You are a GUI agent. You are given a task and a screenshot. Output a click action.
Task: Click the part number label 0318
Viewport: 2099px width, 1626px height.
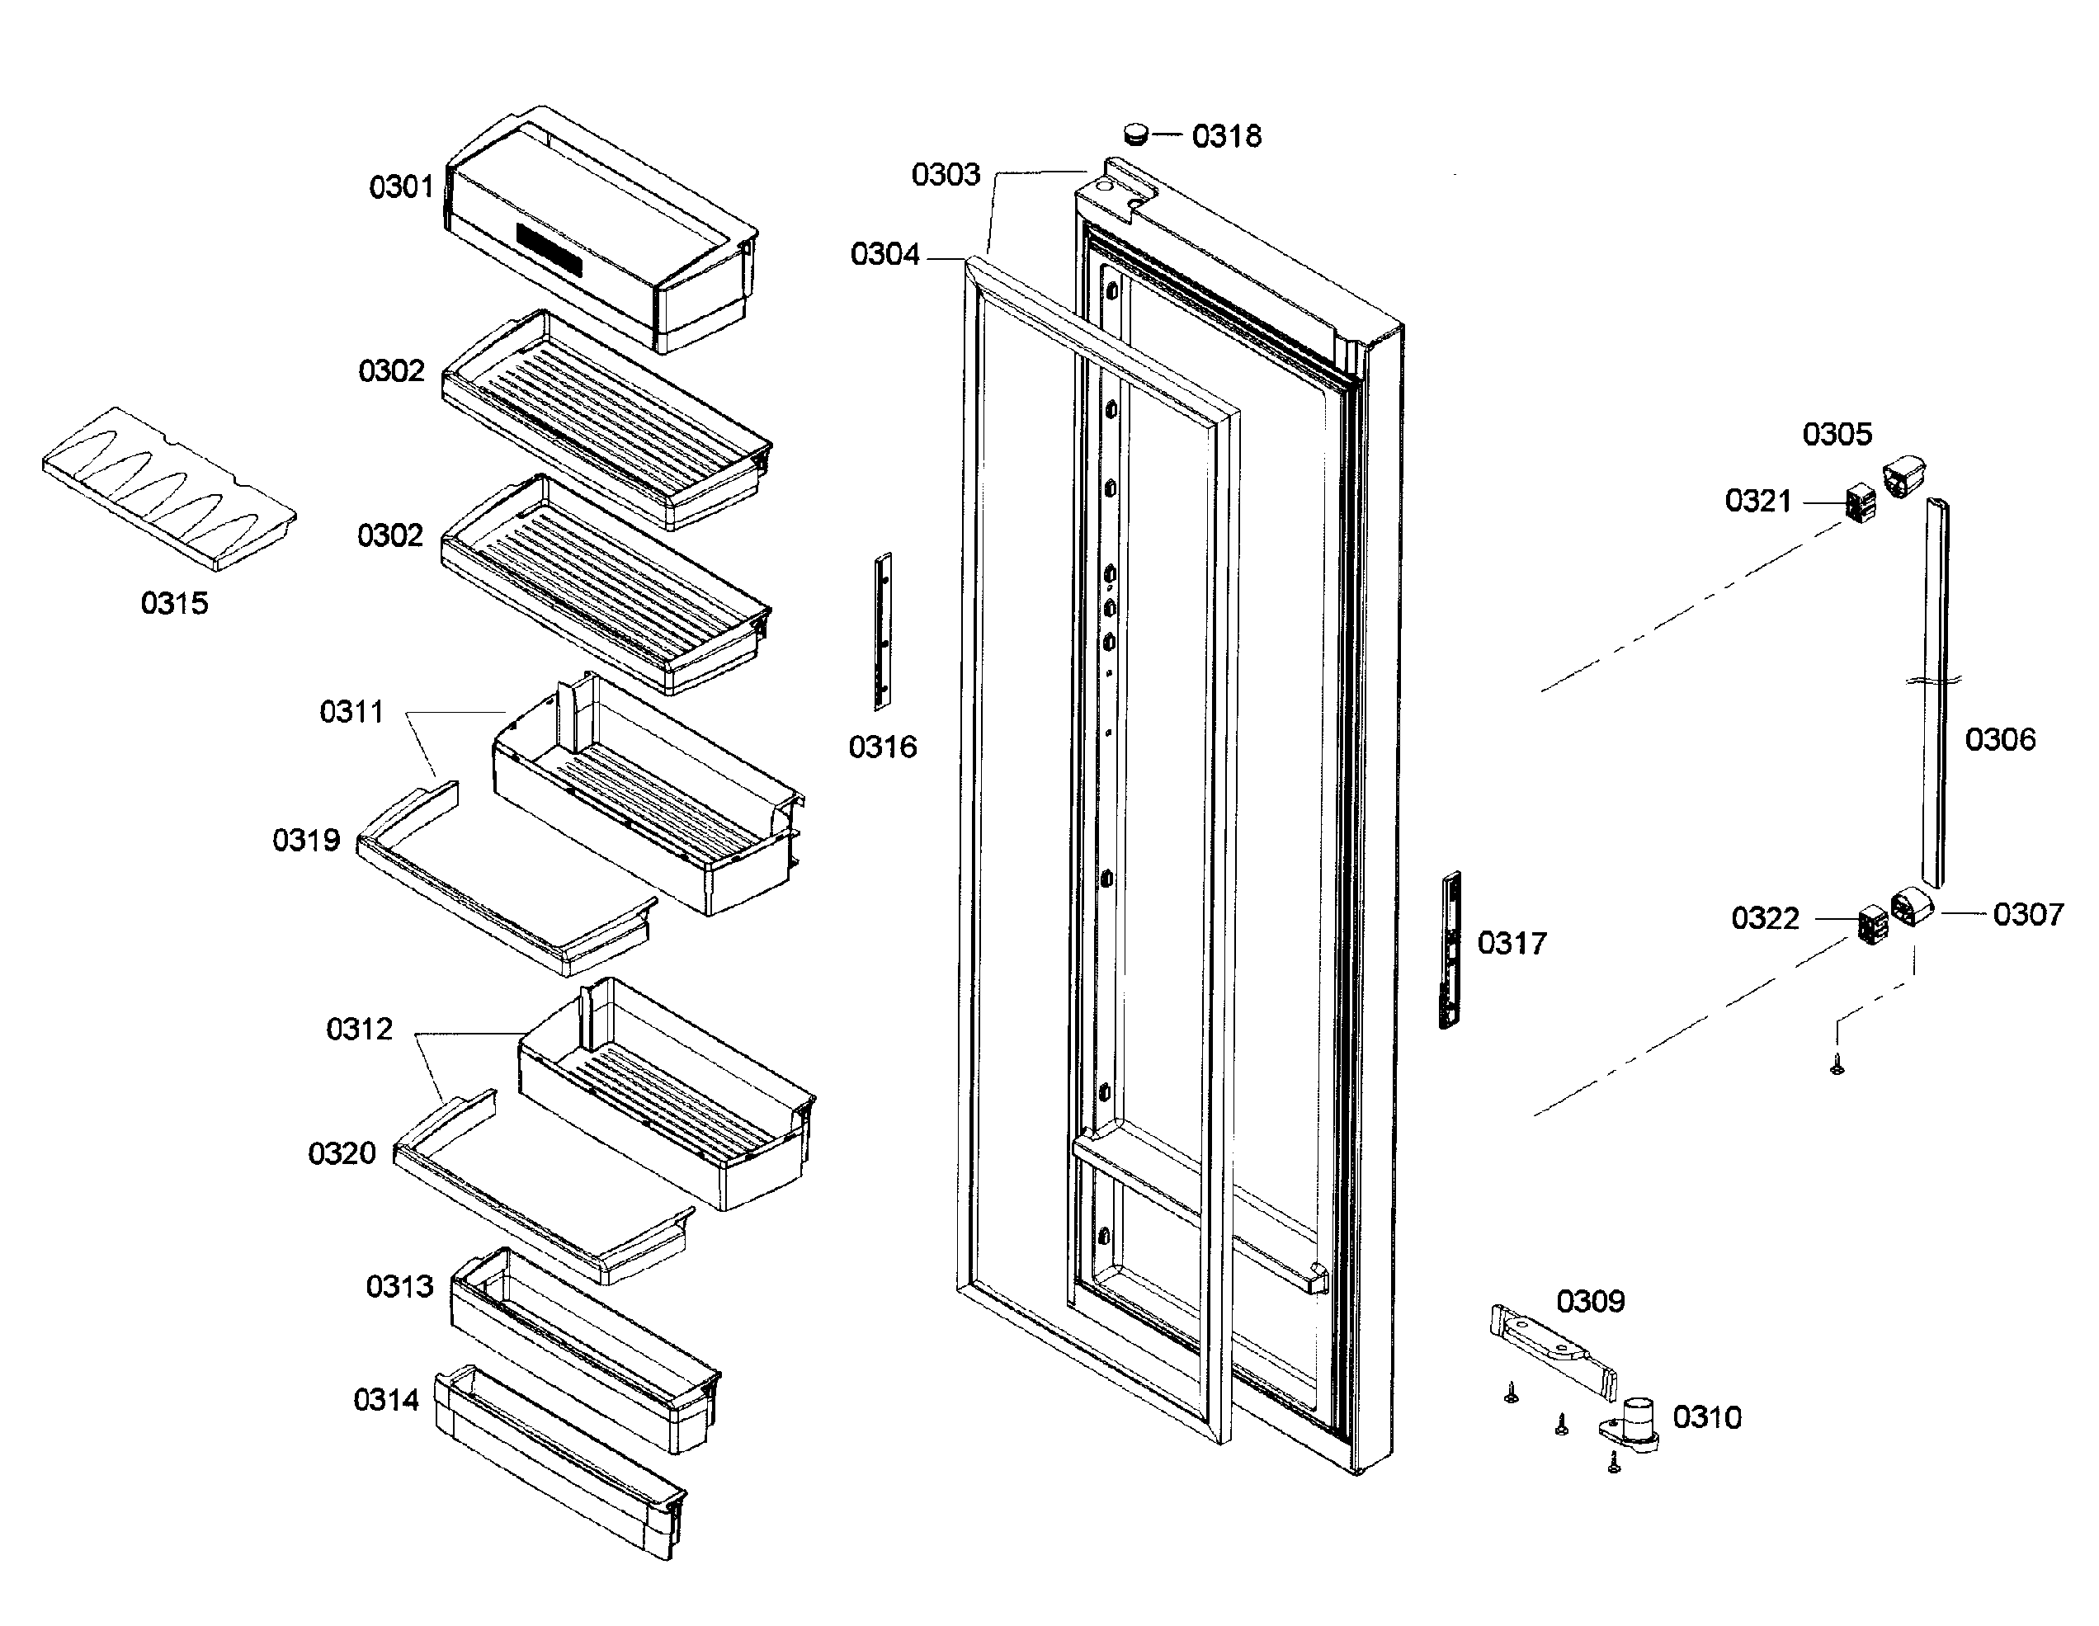click(1226, 136)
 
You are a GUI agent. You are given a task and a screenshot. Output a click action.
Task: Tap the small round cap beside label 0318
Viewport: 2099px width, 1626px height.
click(1136, 133)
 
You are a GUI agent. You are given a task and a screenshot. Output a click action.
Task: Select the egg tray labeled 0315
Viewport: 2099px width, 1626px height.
click(169, 488)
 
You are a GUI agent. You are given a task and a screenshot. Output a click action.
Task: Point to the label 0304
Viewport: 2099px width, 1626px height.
click(884, 255)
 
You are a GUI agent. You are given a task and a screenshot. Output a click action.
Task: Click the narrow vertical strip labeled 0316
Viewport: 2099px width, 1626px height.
click(882, 631)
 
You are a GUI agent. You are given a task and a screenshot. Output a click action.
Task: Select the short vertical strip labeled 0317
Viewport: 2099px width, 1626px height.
click(1450, 950)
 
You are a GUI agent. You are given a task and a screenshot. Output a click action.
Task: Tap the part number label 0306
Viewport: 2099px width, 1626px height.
click(2000, 739)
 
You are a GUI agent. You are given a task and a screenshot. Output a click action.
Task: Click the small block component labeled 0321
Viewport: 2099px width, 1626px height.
click(1861, 503)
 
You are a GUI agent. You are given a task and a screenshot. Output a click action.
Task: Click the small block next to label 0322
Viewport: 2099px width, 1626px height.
click(1872, 925)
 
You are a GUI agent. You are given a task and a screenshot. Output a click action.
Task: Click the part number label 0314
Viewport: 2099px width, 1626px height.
click(385, 1400)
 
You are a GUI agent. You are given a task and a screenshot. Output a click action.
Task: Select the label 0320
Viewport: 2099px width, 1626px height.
click(342, 1153)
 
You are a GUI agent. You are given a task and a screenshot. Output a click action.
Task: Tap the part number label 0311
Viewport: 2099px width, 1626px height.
click(351, 712)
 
